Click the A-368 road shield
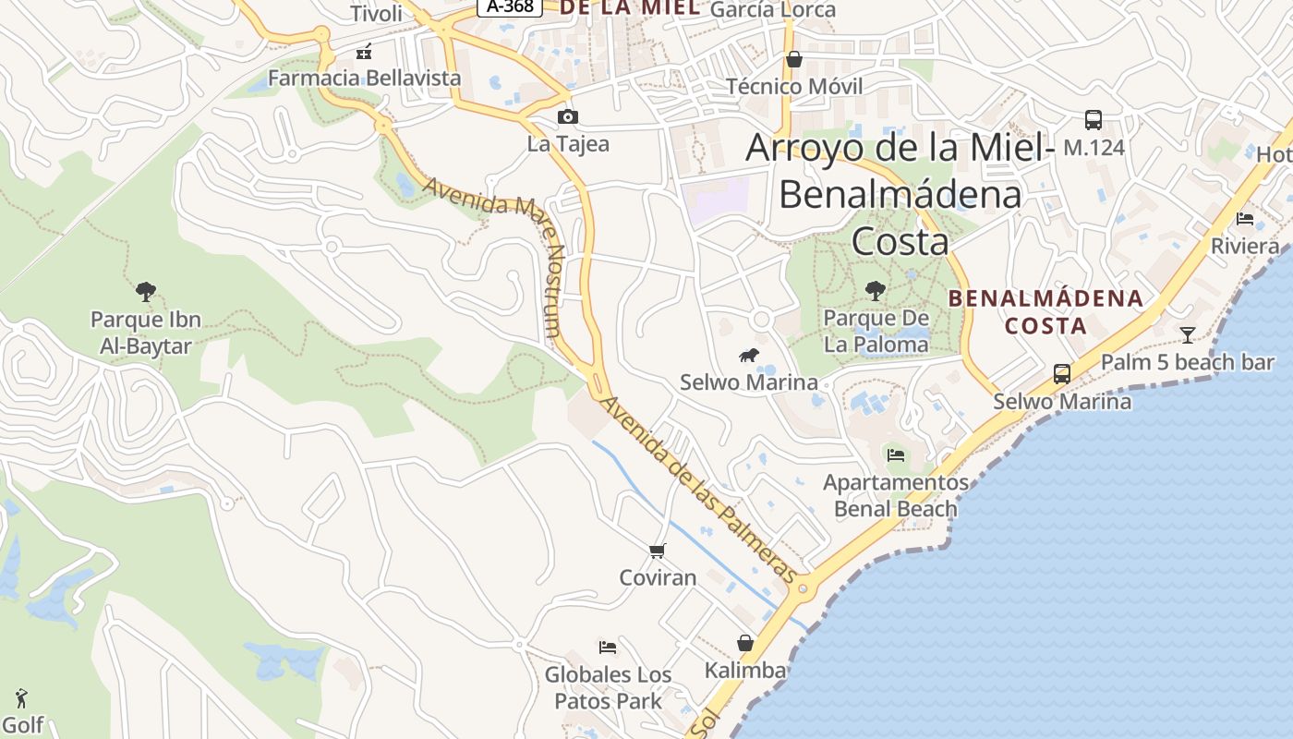click(510, 6)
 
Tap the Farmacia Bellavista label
click(364, 78)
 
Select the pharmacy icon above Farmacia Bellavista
click(364, 52)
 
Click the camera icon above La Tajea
click(568, 116)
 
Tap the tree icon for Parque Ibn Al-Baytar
click(145, 292)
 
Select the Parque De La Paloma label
click(876, 332)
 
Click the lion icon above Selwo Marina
click(749, 356)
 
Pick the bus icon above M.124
click(1094, 120)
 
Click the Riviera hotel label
click(1245, 246)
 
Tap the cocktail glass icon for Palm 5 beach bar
click(1188, 334)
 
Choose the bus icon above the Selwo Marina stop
click(1062, 374)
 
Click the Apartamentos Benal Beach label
click(896, 496)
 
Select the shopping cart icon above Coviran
click(658, 551)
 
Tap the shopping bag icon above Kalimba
click(745, 643)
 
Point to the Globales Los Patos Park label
click(608, 687)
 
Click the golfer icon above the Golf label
click(22, 698)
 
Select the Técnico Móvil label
click(794, 86)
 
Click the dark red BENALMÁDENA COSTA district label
click(1045, 312)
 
